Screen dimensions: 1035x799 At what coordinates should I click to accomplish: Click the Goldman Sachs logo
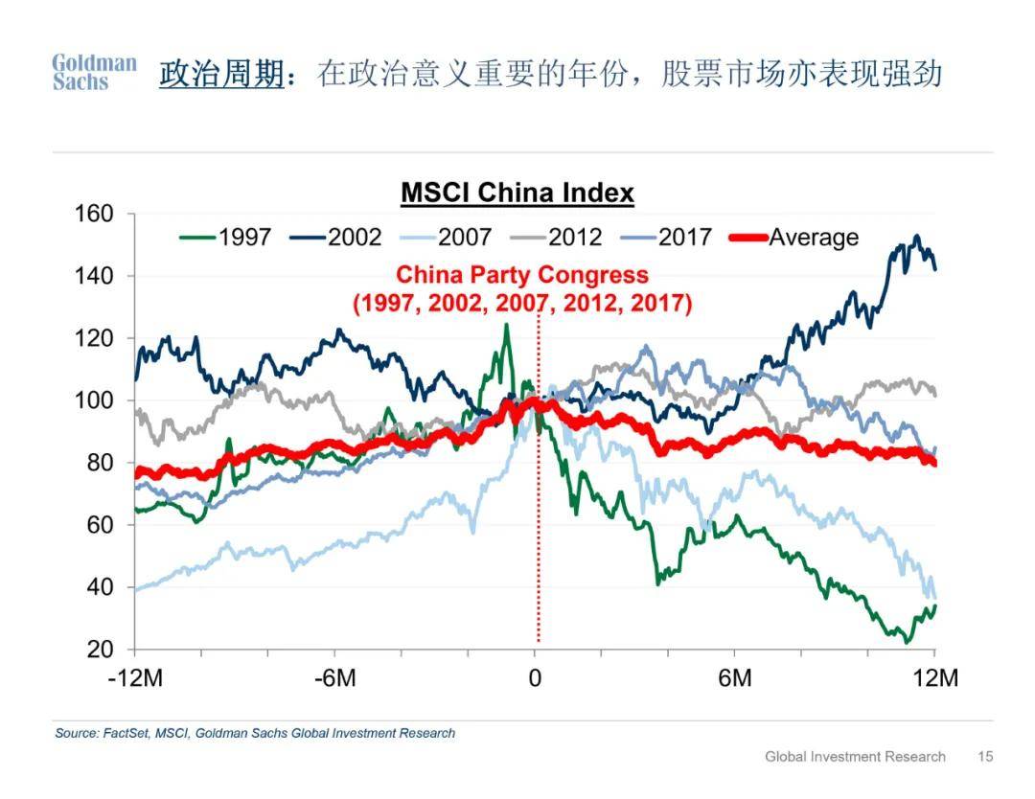click(x=94, y=72)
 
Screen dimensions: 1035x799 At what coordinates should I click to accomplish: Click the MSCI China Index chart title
click(x=517, y=193)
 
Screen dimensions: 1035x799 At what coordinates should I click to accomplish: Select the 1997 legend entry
click(x=225, y=237)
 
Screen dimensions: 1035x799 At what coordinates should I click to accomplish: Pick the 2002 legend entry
click(x=335, y=237)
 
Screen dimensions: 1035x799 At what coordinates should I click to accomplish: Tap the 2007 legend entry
click(x=446, y=237)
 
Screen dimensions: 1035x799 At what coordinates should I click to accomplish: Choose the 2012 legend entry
click(x=556, y=237)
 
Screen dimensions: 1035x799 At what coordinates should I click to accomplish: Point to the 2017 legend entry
click(x=666, y=237)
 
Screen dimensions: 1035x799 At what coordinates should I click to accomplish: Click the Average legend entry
click(x=794, y=237)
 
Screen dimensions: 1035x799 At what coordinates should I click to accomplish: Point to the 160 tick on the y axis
click(x=94, y=214)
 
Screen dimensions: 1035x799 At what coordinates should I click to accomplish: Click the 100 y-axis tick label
click(x=94, y=399)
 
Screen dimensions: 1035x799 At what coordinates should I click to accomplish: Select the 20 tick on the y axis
click(x=101, y=650)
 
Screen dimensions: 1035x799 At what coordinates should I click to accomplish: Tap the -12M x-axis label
click(x=135, y=677)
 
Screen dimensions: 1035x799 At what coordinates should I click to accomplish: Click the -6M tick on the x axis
click(x=334, y=677)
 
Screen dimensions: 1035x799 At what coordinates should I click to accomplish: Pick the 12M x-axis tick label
click(x=935, y=677)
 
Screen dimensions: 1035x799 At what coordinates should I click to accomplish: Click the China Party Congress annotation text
click(x=522, y=288)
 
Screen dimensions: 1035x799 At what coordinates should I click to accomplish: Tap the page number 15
click(x=985, y=756)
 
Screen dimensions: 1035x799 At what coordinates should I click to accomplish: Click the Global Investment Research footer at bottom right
click(x=856, y=756)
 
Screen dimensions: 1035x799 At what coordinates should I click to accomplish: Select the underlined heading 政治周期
click(x=221, y=73)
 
